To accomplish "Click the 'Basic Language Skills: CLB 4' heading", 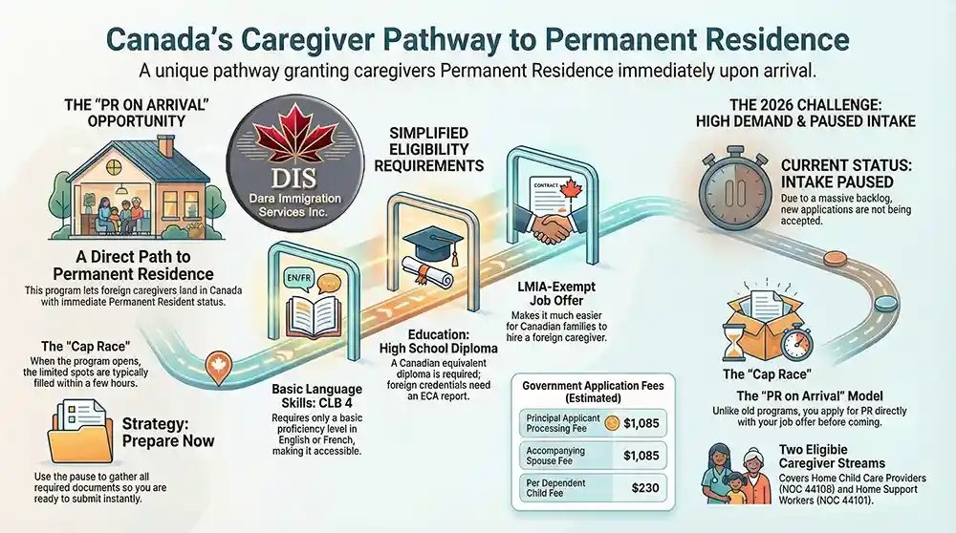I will tap(315, 396).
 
